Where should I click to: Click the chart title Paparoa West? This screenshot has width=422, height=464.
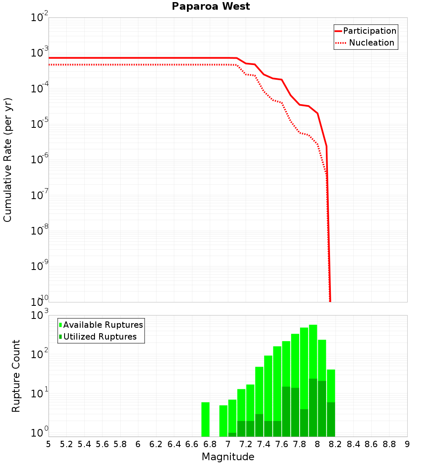click(x=211, y=7)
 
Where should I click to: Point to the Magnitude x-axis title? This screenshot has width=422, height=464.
click(x=228, y=456)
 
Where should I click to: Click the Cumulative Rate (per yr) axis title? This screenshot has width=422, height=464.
click(x=8, y=160)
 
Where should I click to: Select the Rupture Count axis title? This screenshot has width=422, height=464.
click(x=16, y=376)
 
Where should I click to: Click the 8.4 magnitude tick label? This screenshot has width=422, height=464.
click(x=353, y=444)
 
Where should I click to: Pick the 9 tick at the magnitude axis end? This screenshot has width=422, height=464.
click(x=407, y=444)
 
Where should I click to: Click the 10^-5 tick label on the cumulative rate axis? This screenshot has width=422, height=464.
click(x=39, y=123)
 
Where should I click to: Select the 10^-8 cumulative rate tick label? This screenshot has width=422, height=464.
click(x=39, y=230)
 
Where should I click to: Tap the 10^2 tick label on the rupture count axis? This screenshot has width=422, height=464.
click(x=39, y=353)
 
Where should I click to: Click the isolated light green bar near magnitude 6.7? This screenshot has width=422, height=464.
click(x=206, y=419)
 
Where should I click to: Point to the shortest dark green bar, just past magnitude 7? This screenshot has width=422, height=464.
click(x=232, y=434)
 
